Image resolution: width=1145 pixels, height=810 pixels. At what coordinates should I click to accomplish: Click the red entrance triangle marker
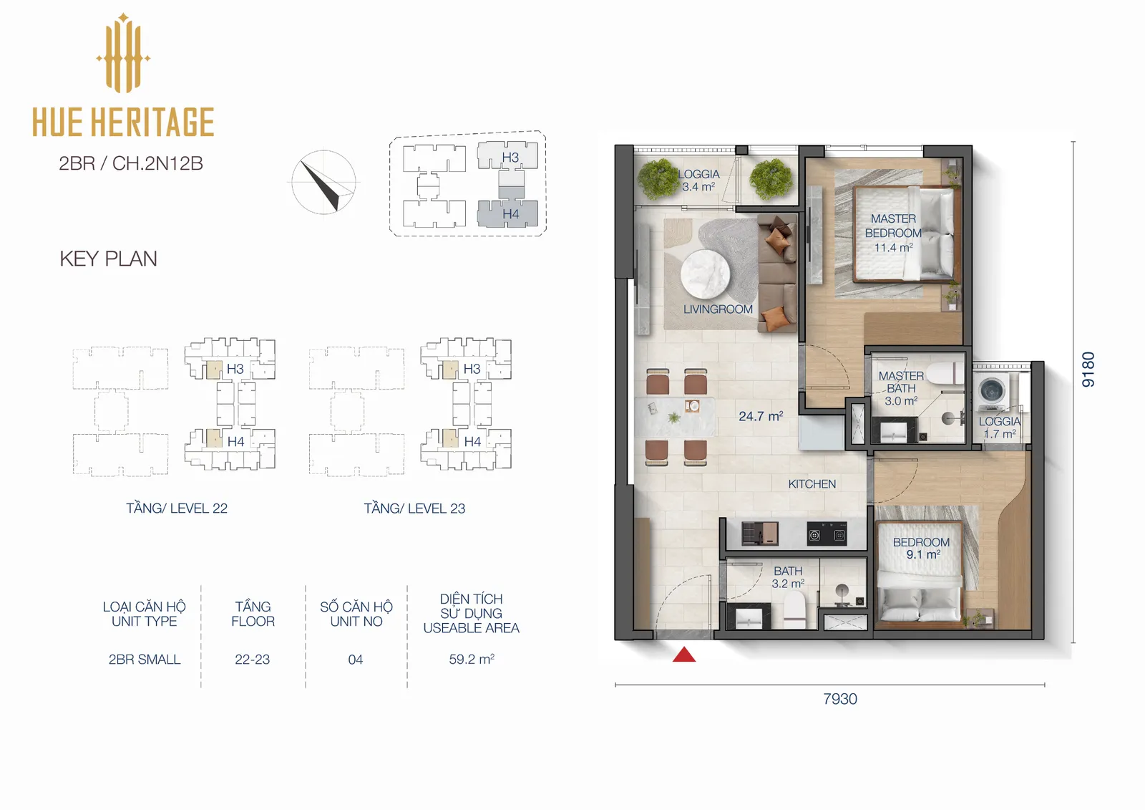coord(684,655)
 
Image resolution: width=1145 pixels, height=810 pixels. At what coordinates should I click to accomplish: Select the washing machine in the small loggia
coord(992,392)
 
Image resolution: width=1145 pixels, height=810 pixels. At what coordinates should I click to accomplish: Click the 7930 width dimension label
coord(840,699)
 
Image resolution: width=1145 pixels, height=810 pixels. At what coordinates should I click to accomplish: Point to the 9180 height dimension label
coord(1088,369)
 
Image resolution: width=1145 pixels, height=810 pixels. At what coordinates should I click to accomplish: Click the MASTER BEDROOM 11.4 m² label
coord(894,233)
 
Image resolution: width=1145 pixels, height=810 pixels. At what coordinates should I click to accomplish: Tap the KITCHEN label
coord(812,484)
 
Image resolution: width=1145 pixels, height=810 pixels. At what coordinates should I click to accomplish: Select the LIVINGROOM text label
coord(718,309)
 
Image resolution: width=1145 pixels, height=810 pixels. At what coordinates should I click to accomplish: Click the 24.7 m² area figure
coord(761,416)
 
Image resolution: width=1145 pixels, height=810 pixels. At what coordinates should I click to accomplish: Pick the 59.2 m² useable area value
coord(472,659)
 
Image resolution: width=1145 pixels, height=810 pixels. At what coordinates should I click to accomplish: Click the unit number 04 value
coord(355,660)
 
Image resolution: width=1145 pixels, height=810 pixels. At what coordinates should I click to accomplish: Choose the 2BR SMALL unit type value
coord(145,660)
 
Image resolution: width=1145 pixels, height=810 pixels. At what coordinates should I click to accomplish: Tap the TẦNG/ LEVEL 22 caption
coord(177,508)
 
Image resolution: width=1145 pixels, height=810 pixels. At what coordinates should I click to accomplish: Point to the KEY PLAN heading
coord(108,259)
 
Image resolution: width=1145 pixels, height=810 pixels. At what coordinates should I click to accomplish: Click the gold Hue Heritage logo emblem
coord(123,53)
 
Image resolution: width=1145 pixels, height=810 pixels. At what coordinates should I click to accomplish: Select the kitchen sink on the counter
coord(760,534)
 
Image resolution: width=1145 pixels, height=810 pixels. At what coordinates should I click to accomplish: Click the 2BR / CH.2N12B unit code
coord(131,163)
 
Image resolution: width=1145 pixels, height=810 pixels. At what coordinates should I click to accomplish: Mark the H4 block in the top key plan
coord(507,214)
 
